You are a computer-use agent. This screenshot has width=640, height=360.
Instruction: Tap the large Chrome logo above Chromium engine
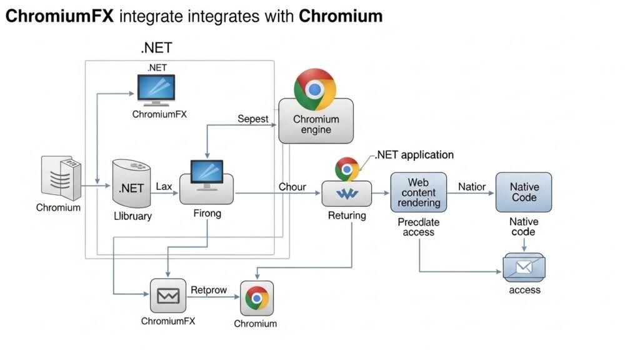pos(315,89)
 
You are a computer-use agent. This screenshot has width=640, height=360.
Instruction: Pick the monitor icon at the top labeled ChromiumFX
pos(156,89)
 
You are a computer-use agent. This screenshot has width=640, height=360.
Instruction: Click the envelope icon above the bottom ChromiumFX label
pos(168,296)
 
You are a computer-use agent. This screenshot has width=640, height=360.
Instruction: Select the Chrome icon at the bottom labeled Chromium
pos(257,298)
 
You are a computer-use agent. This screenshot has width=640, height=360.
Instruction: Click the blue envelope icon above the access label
pos(523,268)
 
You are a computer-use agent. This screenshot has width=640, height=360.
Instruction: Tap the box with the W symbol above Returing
pos(346,194)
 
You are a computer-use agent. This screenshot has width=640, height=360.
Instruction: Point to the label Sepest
pos(253,119)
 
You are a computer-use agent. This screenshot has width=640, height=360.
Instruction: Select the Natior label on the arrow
pos(472,186)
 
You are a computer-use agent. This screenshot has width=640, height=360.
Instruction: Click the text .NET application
pos(414,154)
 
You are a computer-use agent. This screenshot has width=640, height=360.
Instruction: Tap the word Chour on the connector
pos(292,186)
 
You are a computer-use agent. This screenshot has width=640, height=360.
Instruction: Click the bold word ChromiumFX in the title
pos(59,16)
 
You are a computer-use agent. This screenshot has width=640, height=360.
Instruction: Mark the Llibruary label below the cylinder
pos(132,216)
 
